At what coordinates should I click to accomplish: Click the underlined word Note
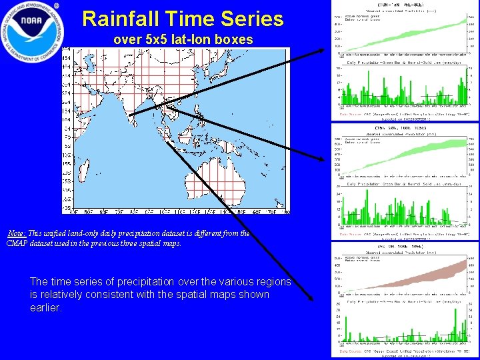click(17, 233)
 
